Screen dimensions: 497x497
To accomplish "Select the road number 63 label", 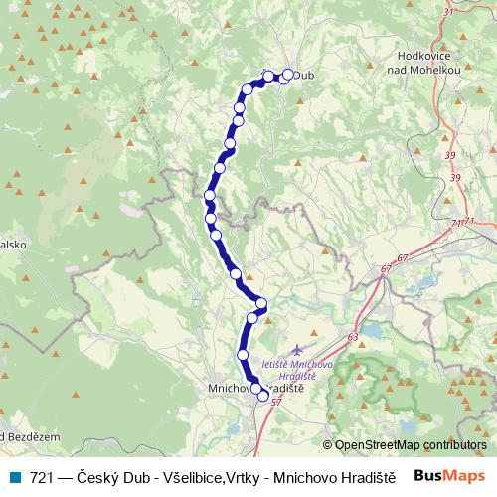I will [353, 338].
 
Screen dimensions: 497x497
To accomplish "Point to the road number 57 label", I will [275, 401].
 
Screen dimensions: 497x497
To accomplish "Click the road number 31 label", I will [448, 12].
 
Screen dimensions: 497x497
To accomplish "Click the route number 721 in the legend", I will [42, 477].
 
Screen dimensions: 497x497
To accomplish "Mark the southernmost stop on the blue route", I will [263, 396].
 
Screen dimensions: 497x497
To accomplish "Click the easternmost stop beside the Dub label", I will [289, 74].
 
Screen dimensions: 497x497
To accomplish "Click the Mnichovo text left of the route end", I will [227, 389].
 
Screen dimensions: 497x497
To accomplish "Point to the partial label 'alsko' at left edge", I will [12, 242].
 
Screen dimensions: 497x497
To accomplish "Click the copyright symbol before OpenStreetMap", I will [327, 445].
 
